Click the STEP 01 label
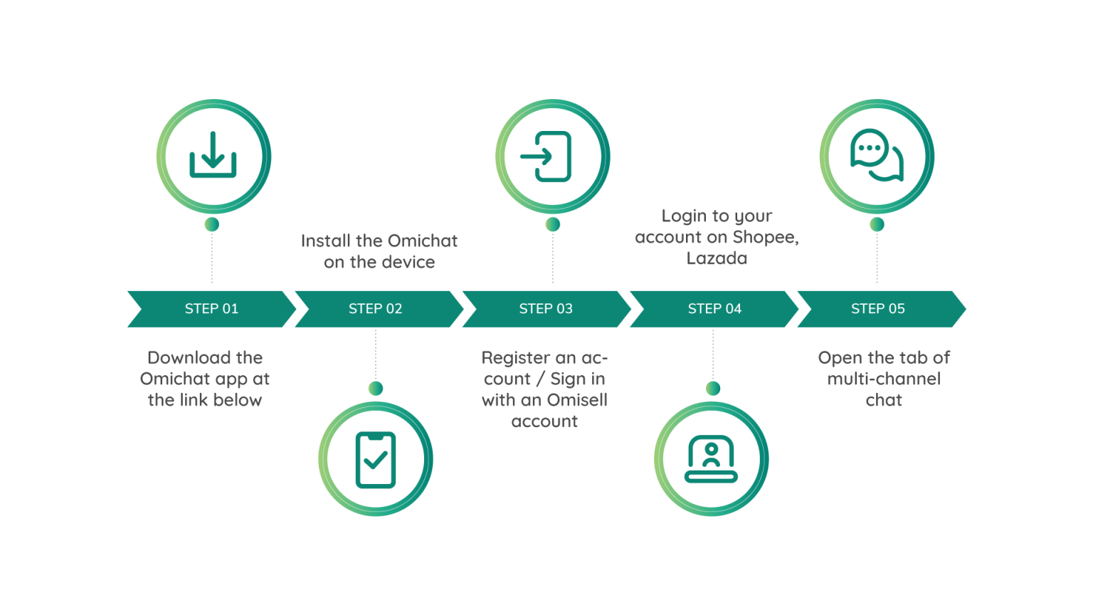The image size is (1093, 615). coord(211,308)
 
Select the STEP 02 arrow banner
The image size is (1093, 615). coord(379,309)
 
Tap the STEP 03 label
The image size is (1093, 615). coord(546,308)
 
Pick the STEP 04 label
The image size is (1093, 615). coord(714,308)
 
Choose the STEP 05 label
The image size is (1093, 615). coord(878,308)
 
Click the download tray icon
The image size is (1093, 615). coord(213,154)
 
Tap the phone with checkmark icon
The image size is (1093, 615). coord(375,460)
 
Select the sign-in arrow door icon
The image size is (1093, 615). coord(546,156)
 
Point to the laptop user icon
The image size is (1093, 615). coord(711,459)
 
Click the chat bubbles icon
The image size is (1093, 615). coord(877,155)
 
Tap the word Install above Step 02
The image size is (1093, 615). coord(325,241)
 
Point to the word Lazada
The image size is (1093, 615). coord(717,258)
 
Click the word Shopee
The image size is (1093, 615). coord(766,238)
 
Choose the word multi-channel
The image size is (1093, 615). coord(884,379)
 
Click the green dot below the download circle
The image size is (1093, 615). coord(212,224)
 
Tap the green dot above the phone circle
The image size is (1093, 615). coord(375,389)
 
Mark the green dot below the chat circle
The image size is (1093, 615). coord(877,224)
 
